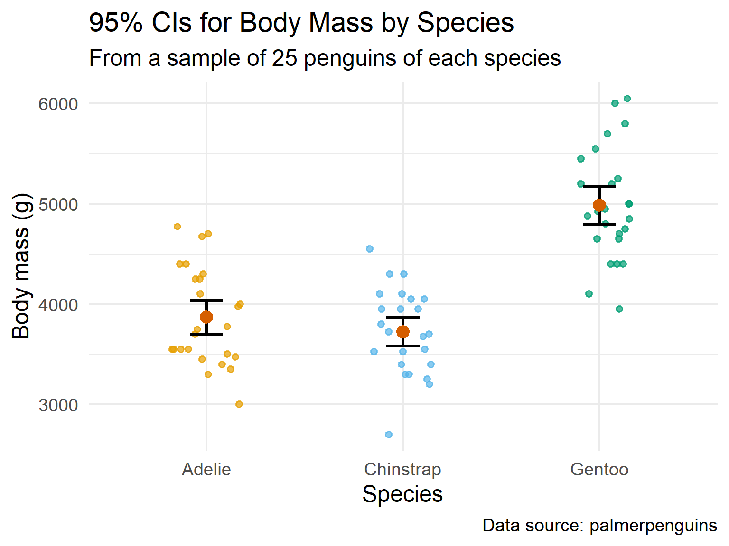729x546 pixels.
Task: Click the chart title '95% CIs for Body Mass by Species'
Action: click(x=301, y=22)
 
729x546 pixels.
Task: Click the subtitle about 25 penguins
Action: click(x=325, y=58)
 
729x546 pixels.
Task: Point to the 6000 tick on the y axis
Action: click(x=58, y=104)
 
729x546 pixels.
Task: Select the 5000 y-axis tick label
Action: click(x=58, y=204)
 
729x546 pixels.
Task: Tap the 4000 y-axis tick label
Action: click(x=58, y=305)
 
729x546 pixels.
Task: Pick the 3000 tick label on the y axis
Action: click(x=58, y=405)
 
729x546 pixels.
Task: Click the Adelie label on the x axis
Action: click(x=206, y=469)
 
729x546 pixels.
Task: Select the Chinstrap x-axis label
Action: click(x=402, y=469)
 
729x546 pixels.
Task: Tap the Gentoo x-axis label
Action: click(x=599, y=469)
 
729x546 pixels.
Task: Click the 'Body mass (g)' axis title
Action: click(x=21, y=266)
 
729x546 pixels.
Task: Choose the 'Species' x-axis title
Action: click(x=402, y=494)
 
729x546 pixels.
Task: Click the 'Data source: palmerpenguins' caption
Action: click(x=599, y=525)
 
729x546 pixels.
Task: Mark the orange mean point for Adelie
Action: click(x=206, y=317)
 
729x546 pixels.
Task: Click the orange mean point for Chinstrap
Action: click(x=403, y=331)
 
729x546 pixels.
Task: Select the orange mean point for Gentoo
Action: click(x=599, y=205)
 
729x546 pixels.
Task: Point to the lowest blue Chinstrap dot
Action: click(x=389, y=435)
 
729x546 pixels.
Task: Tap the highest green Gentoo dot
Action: click(x=627, y=99)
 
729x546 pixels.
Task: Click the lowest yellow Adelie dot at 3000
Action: click(x=239, y=404)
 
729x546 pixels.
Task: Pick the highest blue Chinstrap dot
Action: click(x=370, y=249)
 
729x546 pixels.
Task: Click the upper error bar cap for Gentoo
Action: click(x=599, y=186)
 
